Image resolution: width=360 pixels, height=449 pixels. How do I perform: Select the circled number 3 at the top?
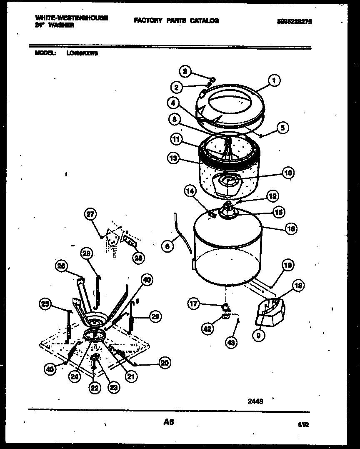coord(185,71)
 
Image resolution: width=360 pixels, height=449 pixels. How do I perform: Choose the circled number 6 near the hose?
coord(167,246)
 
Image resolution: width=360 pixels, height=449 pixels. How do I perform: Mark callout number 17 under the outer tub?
coord(194,304)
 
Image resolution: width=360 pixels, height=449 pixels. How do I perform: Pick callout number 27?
coord(90,215)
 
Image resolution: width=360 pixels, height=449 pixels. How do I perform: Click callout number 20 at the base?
coord(165,363)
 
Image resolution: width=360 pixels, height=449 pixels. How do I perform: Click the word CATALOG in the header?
coord(204,20)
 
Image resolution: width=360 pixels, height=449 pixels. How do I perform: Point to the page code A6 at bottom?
coord(169,422)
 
